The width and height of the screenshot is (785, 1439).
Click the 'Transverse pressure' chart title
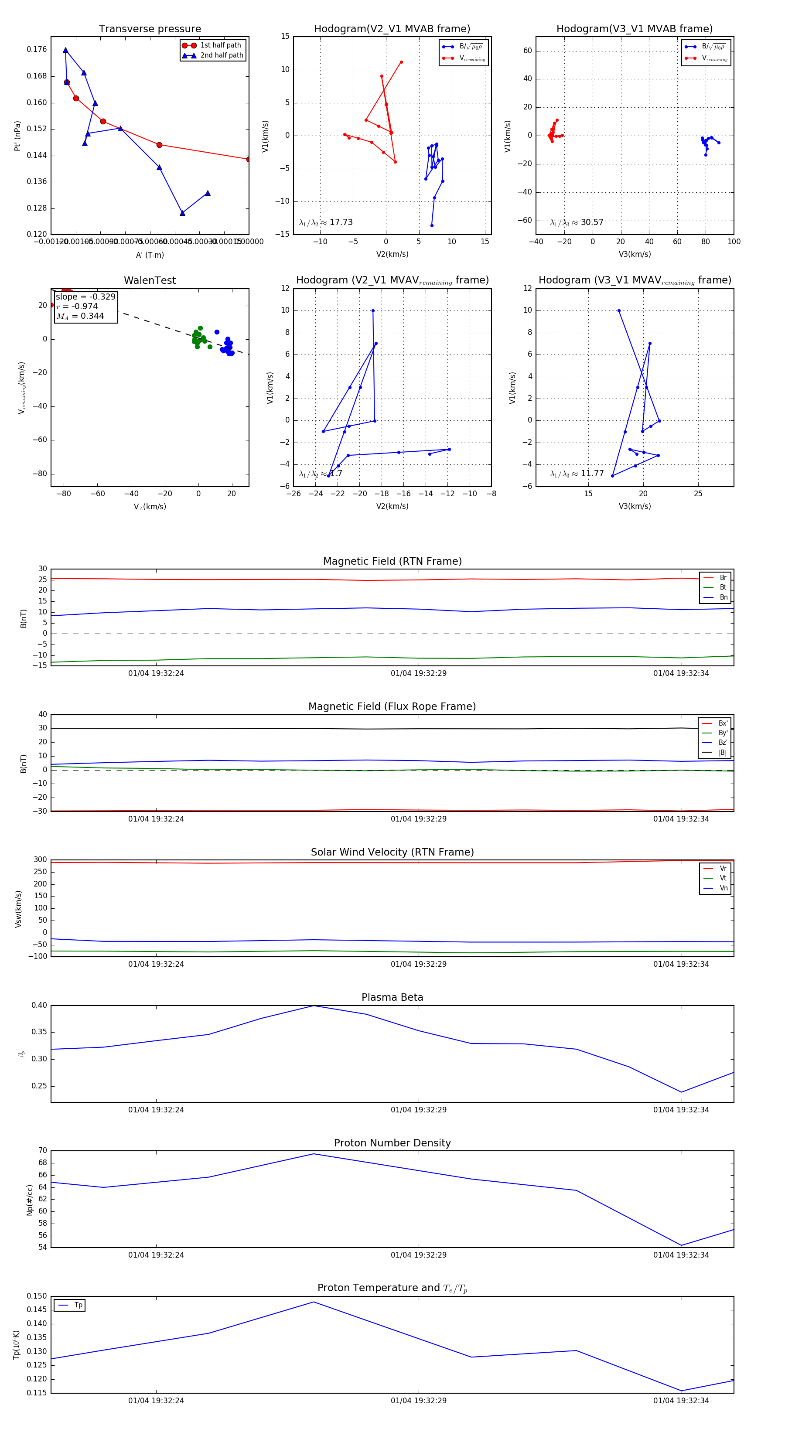(x=150, y=29)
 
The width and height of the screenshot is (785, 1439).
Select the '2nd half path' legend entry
(x=221, y=55)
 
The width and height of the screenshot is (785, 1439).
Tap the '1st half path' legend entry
(x=220, y=45)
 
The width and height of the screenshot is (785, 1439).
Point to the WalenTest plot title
(x=150, y=280)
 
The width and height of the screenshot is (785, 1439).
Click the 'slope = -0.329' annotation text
(x=85, y=297)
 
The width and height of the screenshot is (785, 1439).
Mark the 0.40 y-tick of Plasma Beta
(x=39, y=1006)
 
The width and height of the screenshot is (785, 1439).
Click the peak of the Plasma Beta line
(x=314, y=1006)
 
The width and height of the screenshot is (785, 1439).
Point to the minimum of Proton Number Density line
(x=681, y=1245)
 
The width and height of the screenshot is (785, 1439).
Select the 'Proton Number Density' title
(x=392, y=1143)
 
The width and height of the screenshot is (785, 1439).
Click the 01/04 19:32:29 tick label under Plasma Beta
(x=419, y=1109)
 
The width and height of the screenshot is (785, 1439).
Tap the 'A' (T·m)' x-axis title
(x=150, y=255)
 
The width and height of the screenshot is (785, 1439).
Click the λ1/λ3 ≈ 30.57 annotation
(x=577, y=222)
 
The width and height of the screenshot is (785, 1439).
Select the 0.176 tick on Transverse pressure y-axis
(x=37, y=50)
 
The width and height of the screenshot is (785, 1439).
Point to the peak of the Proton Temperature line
(x=314, y=1302)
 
